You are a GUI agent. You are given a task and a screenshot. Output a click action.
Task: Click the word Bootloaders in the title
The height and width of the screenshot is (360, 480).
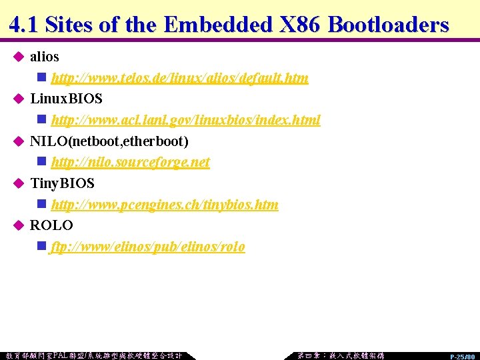389,25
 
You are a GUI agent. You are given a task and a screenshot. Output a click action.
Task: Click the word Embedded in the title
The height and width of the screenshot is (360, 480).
217,25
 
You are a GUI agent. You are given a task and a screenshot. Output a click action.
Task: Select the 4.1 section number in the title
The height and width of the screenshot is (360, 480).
24,25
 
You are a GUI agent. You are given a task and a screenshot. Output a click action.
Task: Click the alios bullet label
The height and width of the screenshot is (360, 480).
44,57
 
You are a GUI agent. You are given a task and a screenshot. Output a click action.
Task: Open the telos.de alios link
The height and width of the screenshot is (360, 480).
179,78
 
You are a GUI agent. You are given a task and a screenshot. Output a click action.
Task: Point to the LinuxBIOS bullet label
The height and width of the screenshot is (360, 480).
66,99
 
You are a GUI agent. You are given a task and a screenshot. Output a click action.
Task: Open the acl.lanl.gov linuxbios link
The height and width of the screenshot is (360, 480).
185,120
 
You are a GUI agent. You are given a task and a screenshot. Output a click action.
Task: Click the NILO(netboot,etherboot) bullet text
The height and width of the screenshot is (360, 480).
109,141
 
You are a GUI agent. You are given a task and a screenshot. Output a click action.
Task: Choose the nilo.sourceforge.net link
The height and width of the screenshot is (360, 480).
130,162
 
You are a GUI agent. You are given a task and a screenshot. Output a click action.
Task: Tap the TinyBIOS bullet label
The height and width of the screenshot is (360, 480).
63,183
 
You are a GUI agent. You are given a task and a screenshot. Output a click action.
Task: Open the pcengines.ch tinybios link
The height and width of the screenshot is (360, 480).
165,205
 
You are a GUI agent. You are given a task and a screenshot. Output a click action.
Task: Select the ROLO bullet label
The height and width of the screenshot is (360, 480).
51,225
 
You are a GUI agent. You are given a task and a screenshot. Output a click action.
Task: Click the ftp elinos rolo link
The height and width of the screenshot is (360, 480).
147,247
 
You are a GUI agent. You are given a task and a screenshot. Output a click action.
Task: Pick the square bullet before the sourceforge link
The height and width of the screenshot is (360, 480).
42,162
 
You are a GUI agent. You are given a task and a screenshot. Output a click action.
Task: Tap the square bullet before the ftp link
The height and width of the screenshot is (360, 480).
42,247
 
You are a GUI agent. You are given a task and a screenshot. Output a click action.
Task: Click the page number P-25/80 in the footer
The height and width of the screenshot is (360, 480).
462,357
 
